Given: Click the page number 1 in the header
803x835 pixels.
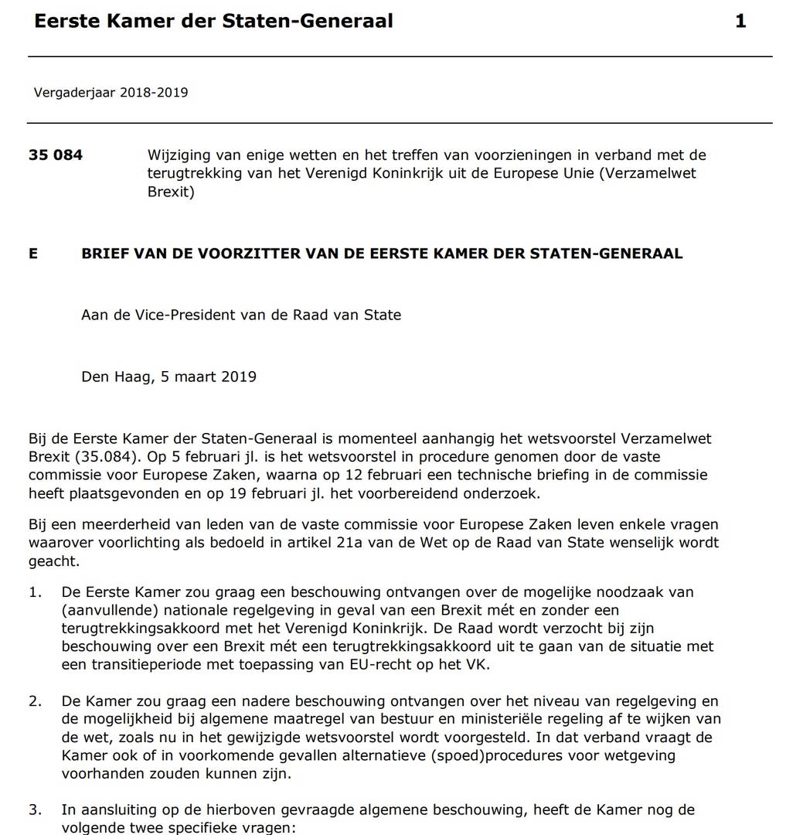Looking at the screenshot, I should click(740, 22).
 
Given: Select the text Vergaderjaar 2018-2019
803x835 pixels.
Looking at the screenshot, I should click(111, 93).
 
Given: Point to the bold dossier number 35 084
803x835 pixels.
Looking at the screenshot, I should click(56, 155).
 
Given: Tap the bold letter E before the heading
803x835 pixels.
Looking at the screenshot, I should click(33, 253).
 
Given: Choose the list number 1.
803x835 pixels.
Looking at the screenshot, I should click(36, 592).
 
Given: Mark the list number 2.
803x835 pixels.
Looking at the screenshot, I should click(36, 701).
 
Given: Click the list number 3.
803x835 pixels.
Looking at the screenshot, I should click(36, 810).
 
